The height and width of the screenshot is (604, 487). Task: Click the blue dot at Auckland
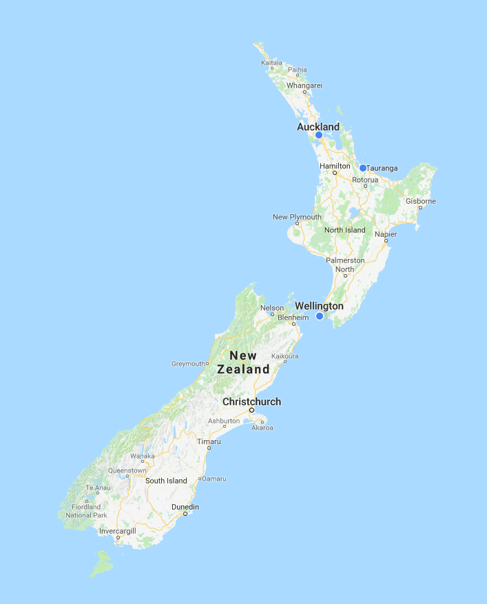319,135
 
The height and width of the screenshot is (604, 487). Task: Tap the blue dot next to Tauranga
362,167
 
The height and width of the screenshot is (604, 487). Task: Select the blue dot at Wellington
320,316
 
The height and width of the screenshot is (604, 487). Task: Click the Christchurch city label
251,402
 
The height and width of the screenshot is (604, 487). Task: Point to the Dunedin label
185,507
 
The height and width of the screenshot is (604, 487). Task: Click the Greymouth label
188,363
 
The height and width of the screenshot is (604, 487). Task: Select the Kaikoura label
285,356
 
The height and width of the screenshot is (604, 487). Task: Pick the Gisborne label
421,201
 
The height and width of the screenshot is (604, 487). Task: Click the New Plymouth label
297,217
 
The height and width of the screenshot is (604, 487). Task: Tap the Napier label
386,234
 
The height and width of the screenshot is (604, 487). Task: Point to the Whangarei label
304,85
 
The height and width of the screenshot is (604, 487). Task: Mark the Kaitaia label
272,63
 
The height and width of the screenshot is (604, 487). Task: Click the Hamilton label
335,166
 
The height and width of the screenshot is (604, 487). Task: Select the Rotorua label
365,180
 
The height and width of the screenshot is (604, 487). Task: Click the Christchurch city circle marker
251,410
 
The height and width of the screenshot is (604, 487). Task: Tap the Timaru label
209,441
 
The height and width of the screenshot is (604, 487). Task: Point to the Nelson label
272,308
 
